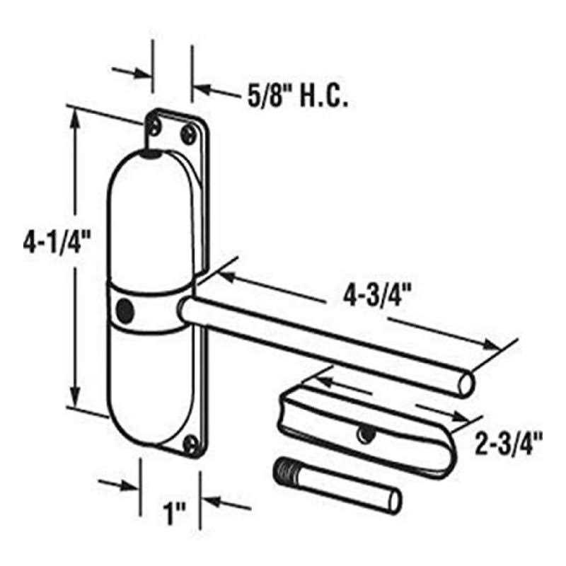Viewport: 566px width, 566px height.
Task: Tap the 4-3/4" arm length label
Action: [x=377, y=295]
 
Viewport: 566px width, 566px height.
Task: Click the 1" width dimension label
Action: [x=174, y=514]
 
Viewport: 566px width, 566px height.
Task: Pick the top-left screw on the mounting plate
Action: [x=155, y=127]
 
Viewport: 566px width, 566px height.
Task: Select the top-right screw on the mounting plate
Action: [x=189, y=134]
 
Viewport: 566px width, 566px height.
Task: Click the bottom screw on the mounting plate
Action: [x=191, y=444]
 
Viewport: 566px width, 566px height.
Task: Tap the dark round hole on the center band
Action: [x=125, y=311]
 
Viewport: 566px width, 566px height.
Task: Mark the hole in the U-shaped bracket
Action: [x=365, y=434]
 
